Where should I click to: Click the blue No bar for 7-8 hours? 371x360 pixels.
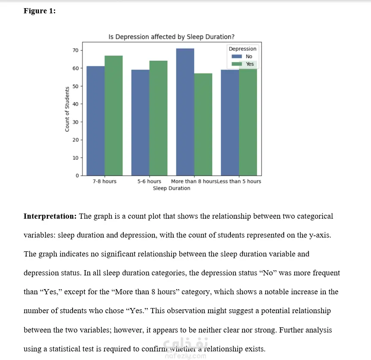(95, 121)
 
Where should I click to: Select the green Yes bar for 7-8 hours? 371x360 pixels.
(113, 116)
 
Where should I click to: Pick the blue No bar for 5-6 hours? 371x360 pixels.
(140, 122)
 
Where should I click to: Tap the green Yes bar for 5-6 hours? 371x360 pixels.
(158, 118)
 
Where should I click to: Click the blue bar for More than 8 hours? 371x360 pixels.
(185, 112)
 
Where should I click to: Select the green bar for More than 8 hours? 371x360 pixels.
(203, 125)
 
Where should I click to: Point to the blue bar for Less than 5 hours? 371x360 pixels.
(230, 122)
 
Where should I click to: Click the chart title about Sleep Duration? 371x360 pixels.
(172, 37)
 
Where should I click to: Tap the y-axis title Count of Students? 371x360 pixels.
(67, 109)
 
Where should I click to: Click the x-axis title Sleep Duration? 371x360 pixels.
(172, 188)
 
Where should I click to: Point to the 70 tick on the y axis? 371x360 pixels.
(76, 50)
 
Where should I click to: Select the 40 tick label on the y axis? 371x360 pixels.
(76, 104)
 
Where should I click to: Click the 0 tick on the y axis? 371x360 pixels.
(77, 176)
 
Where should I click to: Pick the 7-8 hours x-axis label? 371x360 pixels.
(104, 181)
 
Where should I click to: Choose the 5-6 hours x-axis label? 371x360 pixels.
(149, 181)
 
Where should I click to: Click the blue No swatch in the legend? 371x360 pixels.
(237, 56)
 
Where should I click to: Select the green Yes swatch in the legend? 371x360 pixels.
(237, 64)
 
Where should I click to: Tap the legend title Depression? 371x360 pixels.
(242, 49)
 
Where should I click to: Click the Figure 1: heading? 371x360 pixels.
(40, 11)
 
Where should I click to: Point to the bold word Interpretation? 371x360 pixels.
(50, 216)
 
